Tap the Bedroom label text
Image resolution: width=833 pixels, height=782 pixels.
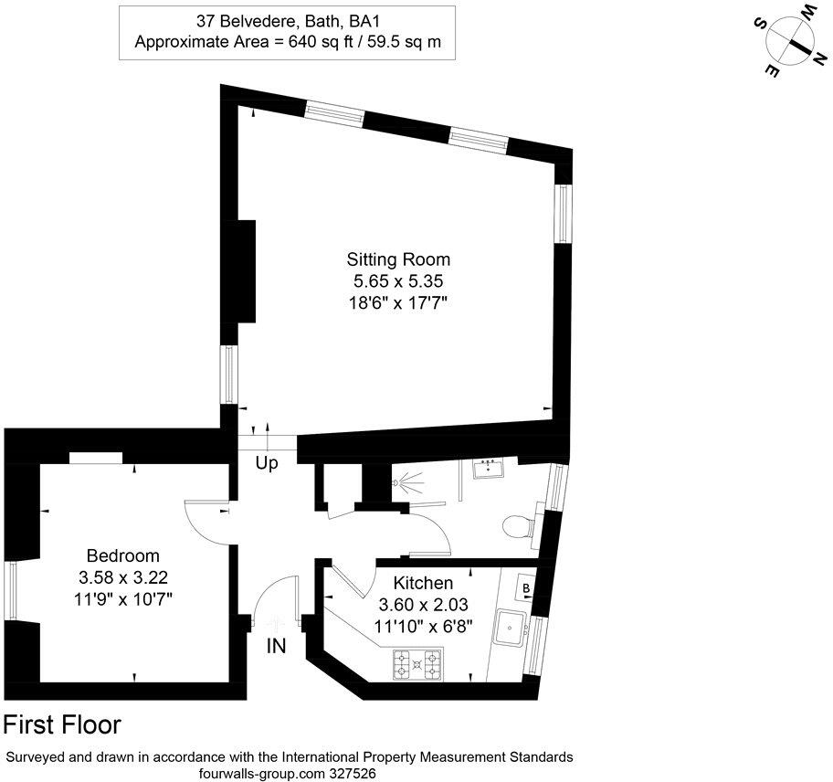[123, 555]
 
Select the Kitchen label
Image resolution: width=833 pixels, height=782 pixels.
[423, 583]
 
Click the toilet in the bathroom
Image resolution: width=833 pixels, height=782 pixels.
[518, 527]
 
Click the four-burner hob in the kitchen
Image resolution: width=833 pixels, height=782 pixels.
[417, 664]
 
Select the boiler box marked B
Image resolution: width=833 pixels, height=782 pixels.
[527, 586]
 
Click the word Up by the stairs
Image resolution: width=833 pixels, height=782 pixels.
[266, 464]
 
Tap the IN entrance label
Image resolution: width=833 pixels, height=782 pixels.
[276, 647]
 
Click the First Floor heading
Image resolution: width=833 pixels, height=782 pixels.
[63, 725]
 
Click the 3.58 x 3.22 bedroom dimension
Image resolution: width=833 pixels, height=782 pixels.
[123, 577]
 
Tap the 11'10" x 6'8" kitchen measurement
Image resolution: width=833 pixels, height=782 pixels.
[423, 627]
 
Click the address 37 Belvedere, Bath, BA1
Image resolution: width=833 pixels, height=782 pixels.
[288, 19]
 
